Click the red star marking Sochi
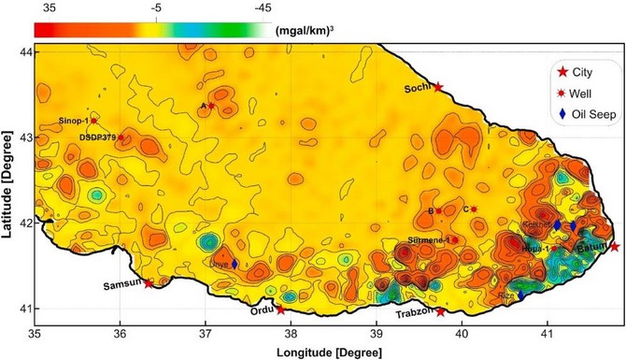point(438,87)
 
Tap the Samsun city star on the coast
point(149,283)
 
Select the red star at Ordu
point(281,310)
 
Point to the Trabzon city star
point(441,311)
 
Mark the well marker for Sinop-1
point(93,121)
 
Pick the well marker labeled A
point(211,107)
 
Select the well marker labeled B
point(438,211)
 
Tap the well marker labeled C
point(474,209)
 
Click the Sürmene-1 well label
point(429,240)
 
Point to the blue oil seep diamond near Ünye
point(235,265)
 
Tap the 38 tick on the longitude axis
point(292,332)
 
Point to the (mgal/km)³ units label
point(306,29)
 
